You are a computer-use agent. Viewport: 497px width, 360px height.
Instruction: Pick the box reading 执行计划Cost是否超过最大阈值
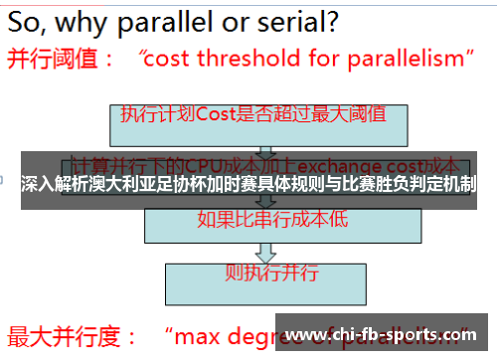[253, 115]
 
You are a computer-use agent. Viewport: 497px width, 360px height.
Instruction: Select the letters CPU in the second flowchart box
[205, 162]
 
